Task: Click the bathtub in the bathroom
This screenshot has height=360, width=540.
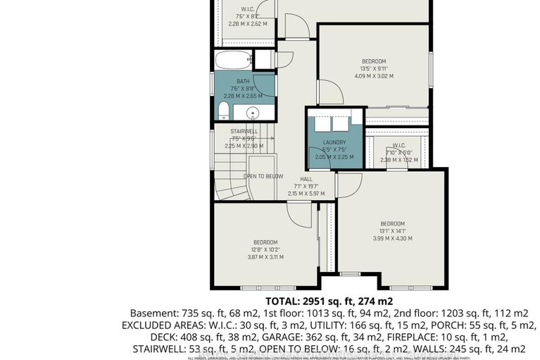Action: click(x=232, y=58)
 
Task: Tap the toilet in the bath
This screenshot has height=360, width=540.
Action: click(x=222, y=111)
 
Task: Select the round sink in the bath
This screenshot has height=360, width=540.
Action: click(x=251, y=113)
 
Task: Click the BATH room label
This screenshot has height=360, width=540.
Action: click(x=242, y=81)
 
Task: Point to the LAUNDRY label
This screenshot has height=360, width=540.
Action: click(x=335, y=142)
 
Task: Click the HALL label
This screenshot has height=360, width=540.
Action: click(x=306, y=179)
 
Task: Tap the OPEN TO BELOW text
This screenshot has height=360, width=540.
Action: click(x=263, y=176)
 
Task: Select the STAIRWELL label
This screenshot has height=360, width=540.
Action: click(x=244, y=131)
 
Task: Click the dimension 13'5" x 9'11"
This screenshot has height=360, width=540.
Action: click(x=374, y=68)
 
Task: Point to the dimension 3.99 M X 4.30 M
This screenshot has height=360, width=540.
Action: click(x=392, y=238)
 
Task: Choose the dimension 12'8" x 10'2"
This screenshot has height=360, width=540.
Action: click(x=266, y=249)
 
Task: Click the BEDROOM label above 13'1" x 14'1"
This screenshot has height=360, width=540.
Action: click(x=392, y=223)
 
